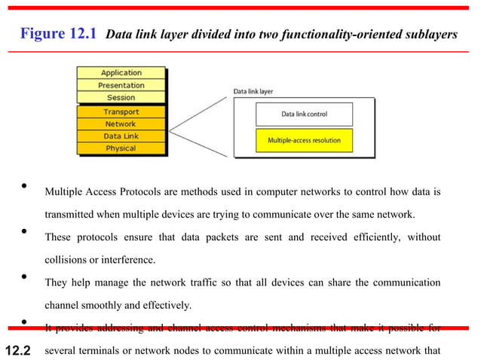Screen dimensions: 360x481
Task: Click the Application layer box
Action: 121,73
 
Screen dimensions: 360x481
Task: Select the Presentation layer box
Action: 121,85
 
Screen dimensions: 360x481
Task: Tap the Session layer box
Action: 121,97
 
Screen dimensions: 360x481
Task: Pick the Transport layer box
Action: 121,112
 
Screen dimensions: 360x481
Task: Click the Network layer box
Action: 121,124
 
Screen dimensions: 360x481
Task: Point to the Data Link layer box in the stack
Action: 121,136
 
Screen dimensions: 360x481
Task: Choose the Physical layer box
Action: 121,148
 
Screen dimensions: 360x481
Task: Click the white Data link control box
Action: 304,114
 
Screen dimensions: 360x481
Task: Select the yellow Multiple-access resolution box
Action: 304,140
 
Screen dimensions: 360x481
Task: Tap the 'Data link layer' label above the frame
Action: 253,92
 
